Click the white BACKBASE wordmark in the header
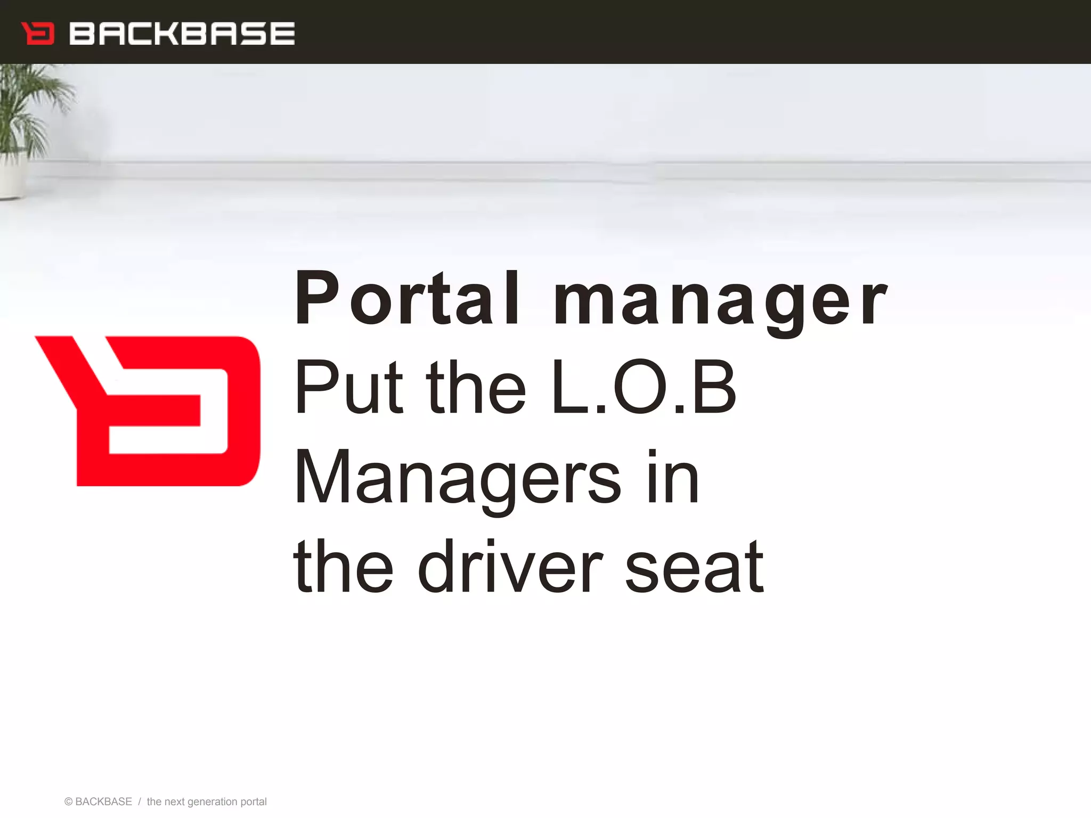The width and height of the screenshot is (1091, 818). [182, 34]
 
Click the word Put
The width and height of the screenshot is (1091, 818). [349, 387]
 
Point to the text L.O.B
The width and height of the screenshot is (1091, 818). [644, 387]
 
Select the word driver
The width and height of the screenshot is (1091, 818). [510, 567]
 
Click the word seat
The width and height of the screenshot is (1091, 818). [694, 567]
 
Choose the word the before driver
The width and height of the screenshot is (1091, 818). [344, 567]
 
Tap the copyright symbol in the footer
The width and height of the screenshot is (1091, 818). [68, 802]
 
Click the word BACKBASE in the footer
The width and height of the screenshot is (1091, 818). [103, 802]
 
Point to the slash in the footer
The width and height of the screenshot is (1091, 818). [139, 802]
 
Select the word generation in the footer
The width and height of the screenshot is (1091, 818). [212, 802]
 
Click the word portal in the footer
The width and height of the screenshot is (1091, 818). [254, 802]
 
